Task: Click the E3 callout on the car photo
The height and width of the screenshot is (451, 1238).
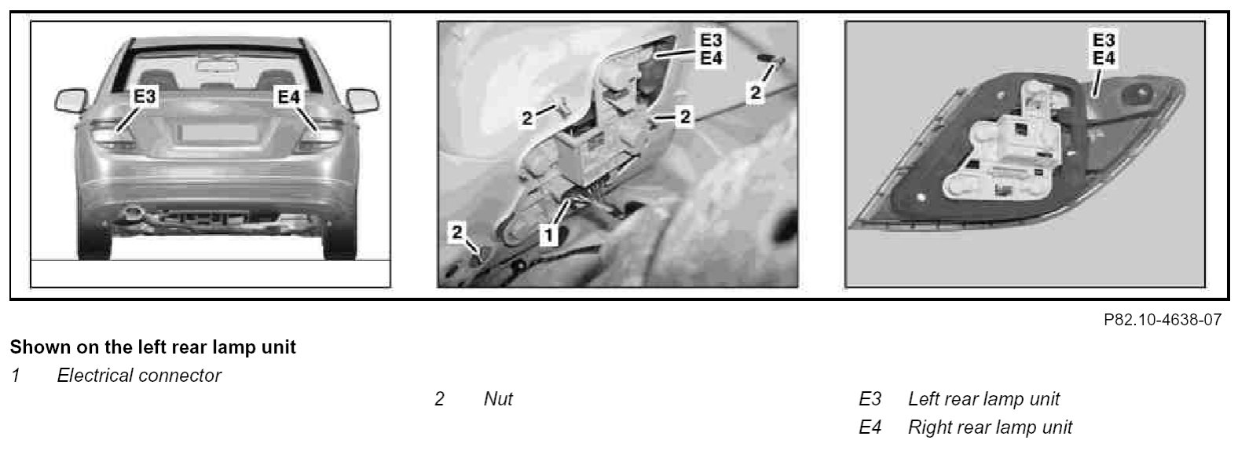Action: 145,97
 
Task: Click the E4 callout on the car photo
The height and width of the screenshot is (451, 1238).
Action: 288,97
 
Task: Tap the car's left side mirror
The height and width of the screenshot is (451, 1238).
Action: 71,101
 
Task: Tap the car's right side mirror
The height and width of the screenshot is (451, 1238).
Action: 363,101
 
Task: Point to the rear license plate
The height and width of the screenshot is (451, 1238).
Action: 219,133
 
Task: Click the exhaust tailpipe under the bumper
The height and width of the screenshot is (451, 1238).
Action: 134,211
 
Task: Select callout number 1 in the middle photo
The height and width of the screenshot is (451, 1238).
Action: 549,236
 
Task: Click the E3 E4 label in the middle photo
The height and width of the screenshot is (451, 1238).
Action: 711,49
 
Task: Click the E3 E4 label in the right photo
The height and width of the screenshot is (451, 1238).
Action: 1104,49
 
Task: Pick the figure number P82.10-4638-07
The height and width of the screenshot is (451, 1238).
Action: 1163,320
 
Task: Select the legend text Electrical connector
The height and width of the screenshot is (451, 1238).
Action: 139,376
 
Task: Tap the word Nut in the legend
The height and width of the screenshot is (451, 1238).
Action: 498,399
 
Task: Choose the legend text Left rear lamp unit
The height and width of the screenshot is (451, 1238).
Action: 983,399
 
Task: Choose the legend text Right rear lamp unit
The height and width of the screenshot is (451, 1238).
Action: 990,427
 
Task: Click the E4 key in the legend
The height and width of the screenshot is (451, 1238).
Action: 870,427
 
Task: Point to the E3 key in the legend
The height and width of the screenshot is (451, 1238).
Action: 870,399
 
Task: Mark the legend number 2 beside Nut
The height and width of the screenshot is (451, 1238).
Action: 439,399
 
